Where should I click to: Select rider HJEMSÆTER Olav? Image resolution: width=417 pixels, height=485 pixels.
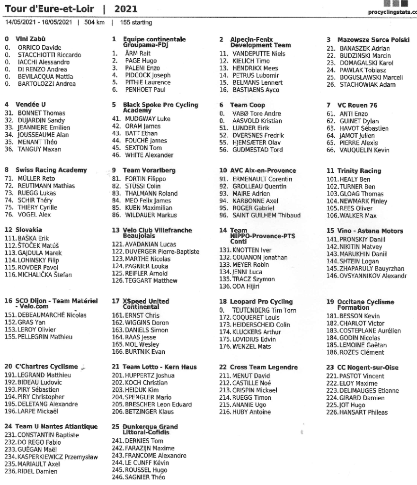[x=256, y=143]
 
